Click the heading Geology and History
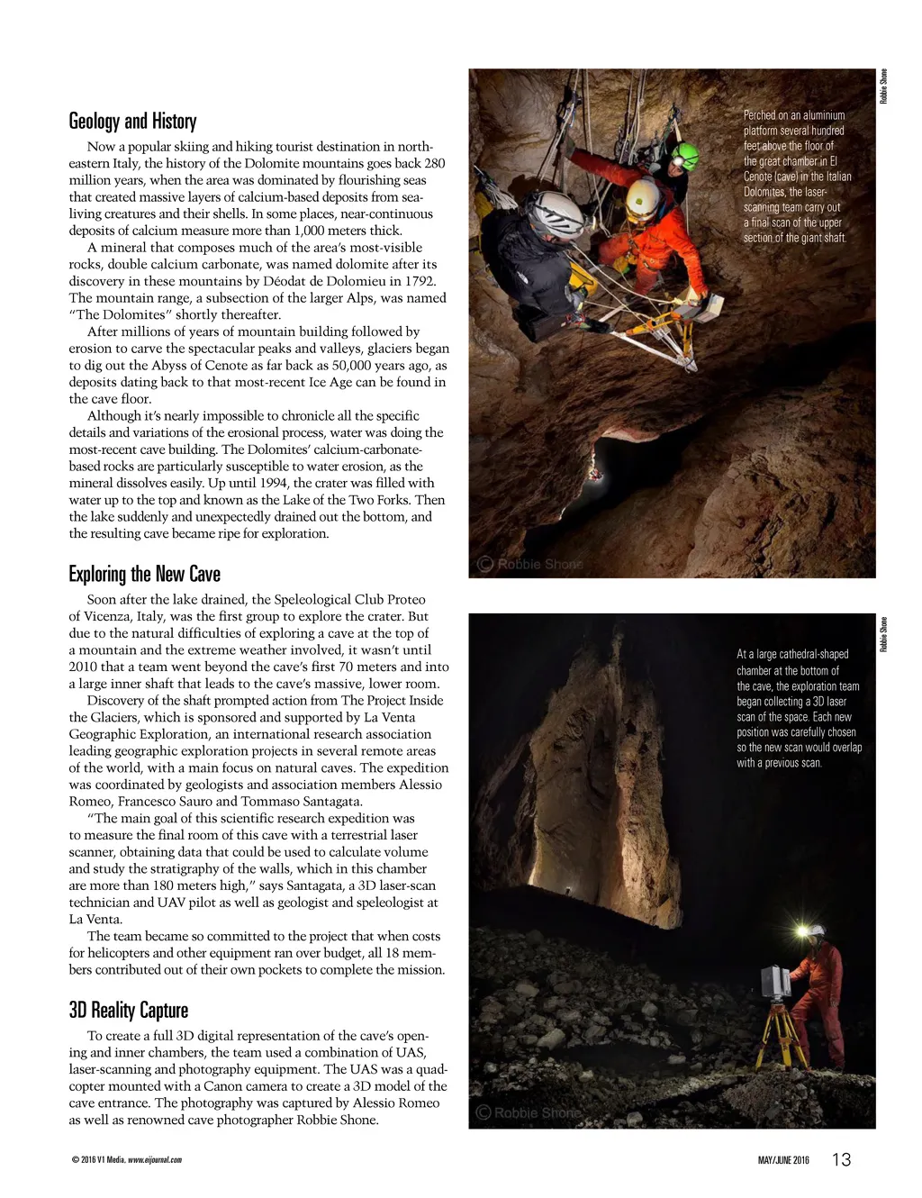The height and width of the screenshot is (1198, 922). [132, 122]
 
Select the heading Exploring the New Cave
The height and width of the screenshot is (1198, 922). [144, 575]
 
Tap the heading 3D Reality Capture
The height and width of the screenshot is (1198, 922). [128, 1011]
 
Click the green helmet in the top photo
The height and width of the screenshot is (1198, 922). [685, 156]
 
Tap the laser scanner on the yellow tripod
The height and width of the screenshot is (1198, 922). [775, 982]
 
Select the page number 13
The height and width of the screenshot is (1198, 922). [841, 1160]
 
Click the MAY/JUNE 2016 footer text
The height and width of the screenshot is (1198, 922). [783, 1160]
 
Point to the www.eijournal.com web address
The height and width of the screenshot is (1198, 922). [155, 1160]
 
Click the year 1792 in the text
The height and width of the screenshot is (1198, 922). [418, 281]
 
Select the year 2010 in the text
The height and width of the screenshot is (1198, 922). [86, 667]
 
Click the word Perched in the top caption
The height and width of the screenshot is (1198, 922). [759, 115]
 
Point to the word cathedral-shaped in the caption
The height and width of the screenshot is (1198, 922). [814, 655]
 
